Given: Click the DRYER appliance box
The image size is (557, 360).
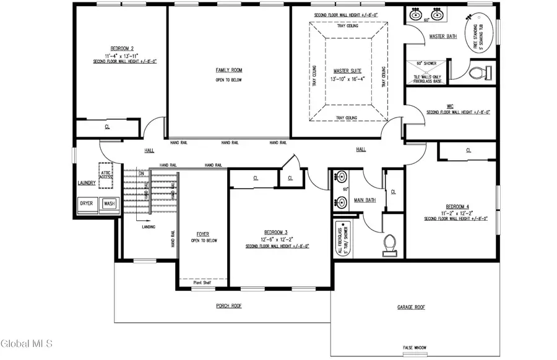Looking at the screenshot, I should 87,203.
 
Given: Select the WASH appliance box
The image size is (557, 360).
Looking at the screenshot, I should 109,203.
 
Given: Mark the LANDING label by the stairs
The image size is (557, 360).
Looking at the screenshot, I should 149,227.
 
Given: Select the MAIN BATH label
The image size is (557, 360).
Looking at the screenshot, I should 365,200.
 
